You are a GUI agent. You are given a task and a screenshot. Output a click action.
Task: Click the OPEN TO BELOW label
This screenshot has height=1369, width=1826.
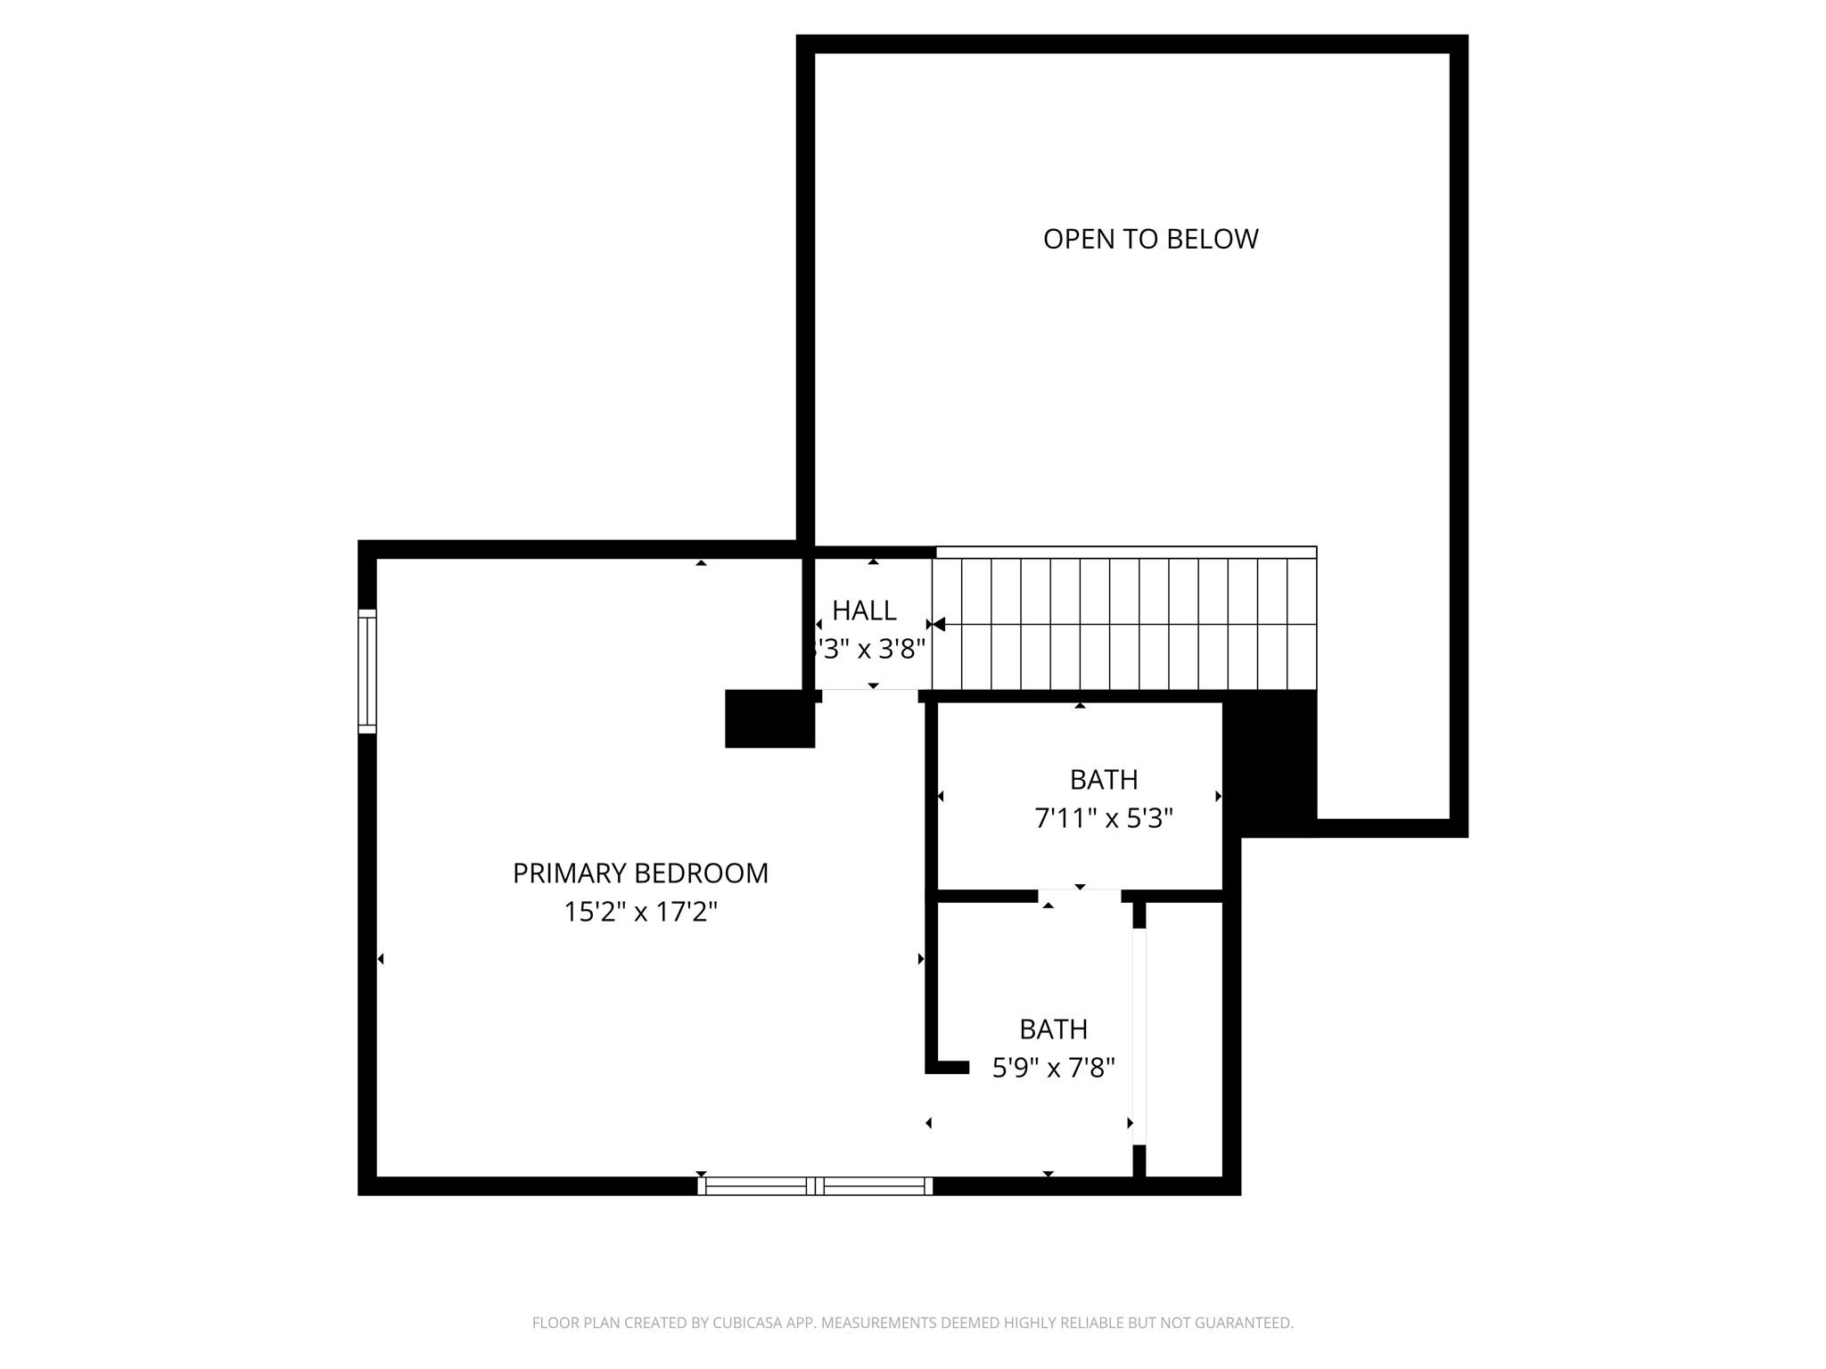pos(1150,239)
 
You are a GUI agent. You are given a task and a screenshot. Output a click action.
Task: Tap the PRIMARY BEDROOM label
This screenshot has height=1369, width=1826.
pos(640,873)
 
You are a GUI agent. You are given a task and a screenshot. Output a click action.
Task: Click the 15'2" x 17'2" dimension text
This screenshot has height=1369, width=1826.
pos(640,912)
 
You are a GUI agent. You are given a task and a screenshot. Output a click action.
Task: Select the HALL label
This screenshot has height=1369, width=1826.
pos(864,611)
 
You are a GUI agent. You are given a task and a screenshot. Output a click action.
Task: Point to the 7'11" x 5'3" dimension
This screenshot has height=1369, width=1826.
pos(1103,818)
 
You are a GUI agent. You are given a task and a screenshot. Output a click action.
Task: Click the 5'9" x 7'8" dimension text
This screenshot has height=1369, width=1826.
pos(1053,1067)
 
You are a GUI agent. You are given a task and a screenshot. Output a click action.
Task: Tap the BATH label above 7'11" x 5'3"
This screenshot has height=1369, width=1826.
pos(1103,780)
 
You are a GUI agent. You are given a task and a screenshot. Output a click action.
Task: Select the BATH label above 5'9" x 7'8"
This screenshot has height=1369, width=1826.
pos(1053,1029)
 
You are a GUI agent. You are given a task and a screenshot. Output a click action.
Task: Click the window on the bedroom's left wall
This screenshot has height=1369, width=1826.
pos(367,671)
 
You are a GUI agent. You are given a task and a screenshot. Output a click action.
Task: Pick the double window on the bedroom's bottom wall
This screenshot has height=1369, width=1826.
pos(815,1185)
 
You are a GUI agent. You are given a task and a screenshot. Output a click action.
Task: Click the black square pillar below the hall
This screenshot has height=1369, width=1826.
pos(769,718)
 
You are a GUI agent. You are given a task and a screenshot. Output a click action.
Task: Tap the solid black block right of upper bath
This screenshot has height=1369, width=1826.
pos(1270,763)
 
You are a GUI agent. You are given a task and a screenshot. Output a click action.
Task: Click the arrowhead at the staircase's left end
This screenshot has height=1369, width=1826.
pos(938,624)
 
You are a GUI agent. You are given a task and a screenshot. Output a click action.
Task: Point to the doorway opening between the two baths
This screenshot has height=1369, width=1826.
pos(1079,895)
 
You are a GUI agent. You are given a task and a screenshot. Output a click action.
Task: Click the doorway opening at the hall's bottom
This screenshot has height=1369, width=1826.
pos(870,695)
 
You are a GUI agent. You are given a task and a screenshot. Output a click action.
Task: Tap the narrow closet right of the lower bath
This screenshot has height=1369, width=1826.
pos(1183,1038)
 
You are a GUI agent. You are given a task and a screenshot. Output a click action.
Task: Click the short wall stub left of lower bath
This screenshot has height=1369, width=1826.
pos(948,1067)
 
